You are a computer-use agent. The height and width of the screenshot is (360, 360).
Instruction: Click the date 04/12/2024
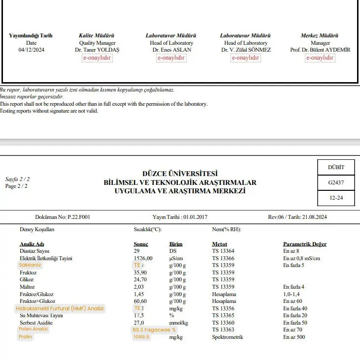pyautogui.click(x=31, y=50)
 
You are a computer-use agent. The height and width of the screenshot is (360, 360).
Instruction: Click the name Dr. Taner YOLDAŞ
pyautogui.click(x=97, y=50)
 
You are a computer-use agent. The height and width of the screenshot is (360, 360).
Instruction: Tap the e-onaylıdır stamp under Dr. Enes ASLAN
pyautogui.click(x=171, y=58)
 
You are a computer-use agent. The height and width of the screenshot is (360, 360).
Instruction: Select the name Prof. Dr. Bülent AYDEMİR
pyautogui.click(x=320, y=50)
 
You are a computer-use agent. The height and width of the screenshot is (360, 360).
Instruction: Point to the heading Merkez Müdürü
pyautogui.click(x=320, y=35)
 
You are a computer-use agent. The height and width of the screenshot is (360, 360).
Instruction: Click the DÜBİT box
pyautogui.click(x=336, y=167)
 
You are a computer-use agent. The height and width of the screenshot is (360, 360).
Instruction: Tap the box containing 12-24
pyautogui.click(x=336, y=198)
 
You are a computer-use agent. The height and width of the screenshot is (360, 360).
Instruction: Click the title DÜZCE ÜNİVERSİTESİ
pyautogui.click(x=180, y=174)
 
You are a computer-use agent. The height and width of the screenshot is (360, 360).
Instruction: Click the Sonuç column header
pyautogui.click(x=141, y=244)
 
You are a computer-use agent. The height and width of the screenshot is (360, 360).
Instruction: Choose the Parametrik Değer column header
pyautogui.click(x=304, y=244)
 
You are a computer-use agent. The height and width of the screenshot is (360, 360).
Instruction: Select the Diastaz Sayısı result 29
pyautogui.click(x=136, y=251)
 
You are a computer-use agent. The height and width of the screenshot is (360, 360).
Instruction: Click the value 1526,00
pyautogui.click(x=143, y=258)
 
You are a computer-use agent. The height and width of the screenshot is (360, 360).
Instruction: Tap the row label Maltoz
pyautogui.click(x=27, y=287)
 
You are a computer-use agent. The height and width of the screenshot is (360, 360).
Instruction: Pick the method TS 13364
pyautogui.click(x=223, y=251)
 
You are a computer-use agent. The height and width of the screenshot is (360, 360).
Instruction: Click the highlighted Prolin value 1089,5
pyautogui.click(x=141, y=337)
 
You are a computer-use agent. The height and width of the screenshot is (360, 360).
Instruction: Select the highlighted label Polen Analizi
pyautogui.click(x=33, y=329)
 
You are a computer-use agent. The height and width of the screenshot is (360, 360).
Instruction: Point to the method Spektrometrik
pyautogui.click(x=228, y=337)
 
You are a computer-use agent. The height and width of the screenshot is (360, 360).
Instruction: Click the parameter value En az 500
pyautogui.click(x=295, y=337)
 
